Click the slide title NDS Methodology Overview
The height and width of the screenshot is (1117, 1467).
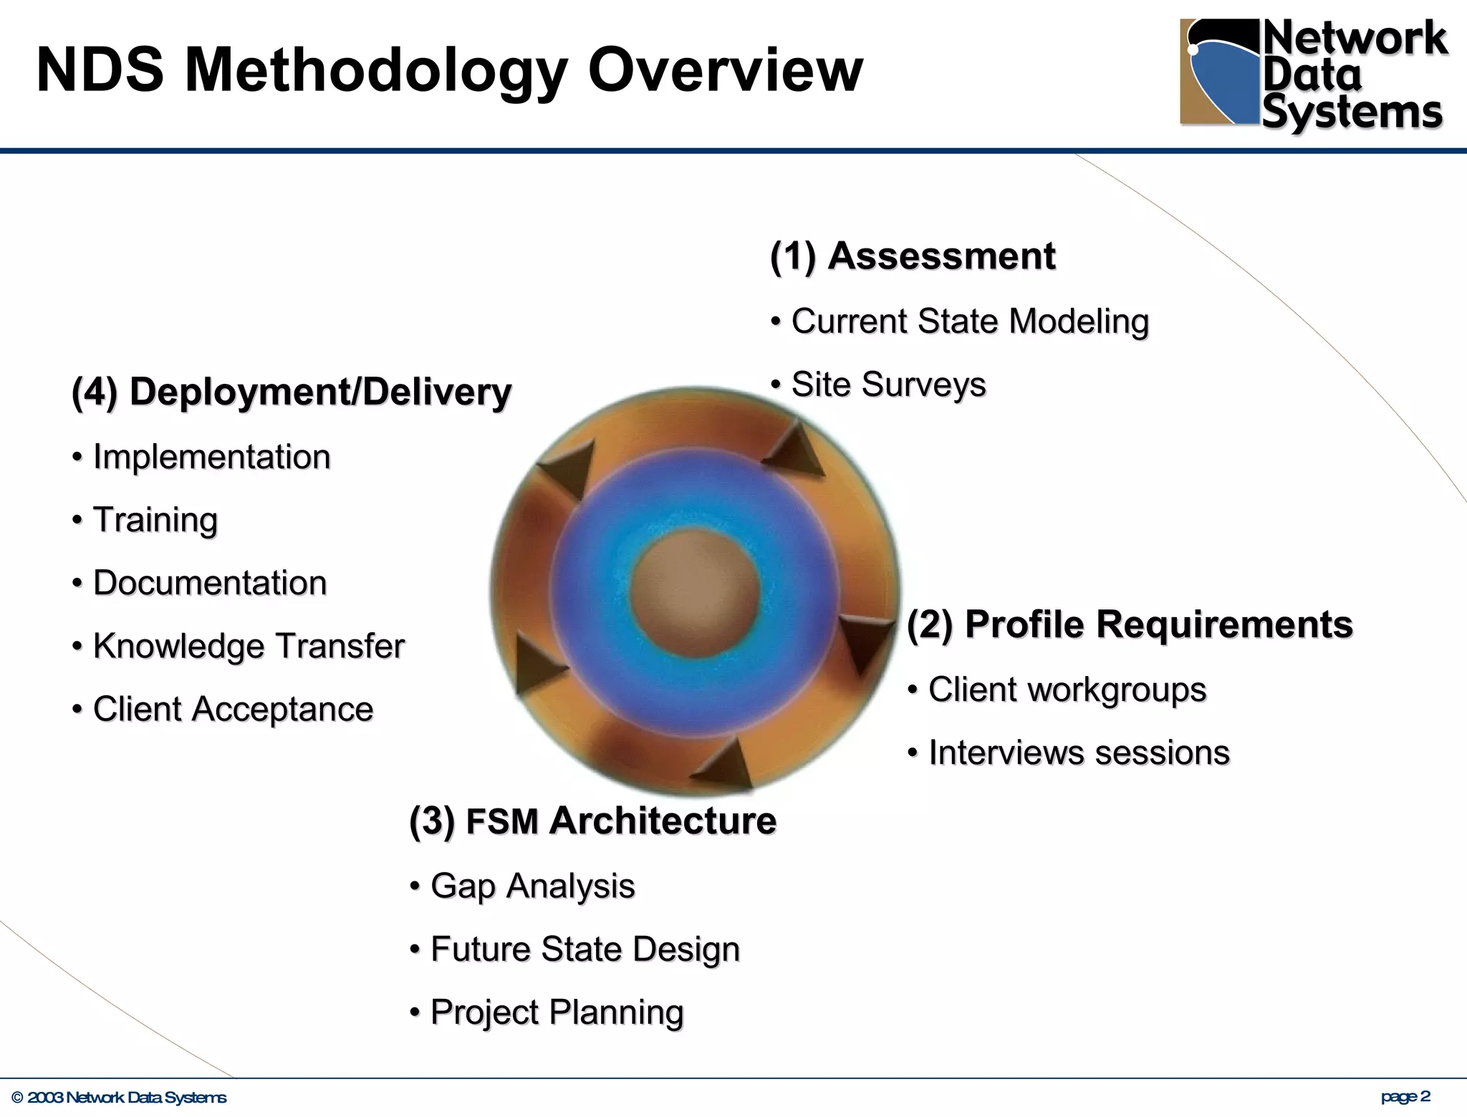[x=449, y=70]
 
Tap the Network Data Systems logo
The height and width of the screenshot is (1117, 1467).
[x=1312, y=75]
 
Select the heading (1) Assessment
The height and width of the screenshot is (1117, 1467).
[x=912, y=256]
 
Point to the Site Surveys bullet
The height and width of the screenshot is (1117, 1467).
[x=888, y=385]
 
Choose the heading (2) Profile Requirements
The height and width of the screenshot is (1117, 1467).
[x=1130, y=624]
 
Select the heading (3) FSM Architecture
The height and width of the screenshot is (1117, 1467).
[x=592, y=820]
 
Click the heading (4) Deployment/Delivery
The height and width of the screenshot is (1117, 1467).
[x=292, y=392]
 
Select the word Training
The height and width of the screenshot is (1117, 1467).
[x=155, y=520]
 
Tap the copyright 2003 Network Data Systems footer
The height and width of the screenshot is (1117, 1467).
[x=119, y=1098]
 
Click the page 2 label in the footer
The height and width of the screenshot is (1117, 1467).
[x=1405, y=1096]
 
